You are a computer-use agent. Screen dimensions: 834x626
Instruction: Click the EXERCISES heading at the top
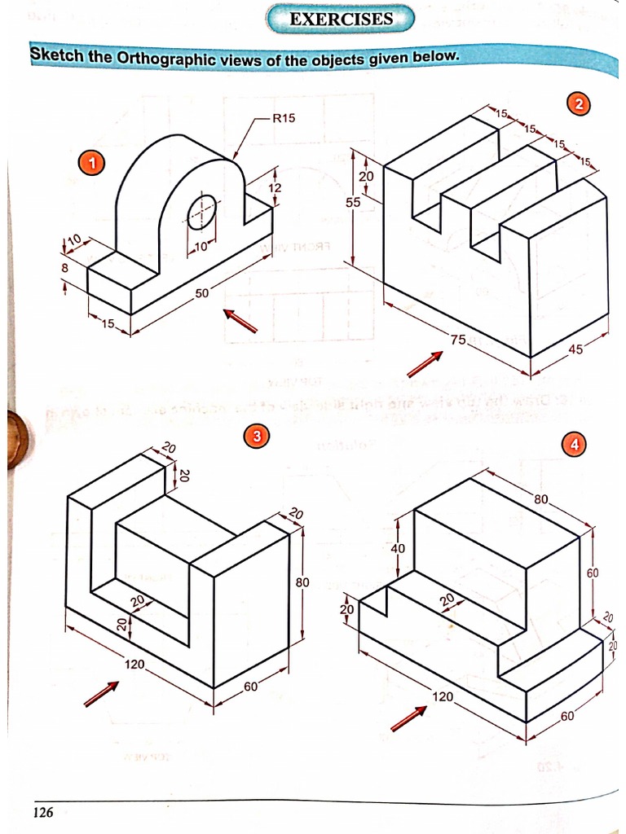point(341,19)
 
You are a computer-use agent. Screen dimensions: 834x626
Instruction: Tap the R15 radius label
point(283,117)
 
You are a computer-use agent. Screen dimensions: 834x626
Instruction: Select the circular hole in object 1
point(202,213)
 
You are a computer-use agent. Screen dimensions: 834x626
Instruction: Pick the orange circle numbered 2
point(578,103)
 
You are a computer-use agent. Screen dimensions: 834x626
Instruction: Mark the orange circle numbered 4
point(575,444)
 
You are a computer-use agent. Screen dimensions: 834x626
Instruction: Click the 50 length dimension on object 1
point(201,293)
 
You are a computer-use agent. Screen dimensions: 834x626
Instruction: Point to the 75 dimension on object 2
point(459,340)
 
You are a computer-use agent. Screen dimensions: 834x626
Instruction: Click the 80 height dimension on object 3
point(302,582)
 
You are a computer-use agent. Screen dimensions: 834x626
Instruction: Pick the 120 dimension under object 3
point(134,665)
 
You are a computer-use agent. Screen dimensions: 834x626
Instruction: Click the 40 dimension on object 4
point(398,548)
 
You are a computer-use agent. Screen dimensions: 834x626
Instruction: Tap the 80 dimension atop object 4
point(543,498)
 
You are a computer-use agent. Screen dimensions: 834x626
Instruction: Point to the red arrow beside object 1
point(240,321)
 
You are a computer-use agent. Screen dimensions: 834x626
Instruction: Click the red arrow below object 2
point(425,364)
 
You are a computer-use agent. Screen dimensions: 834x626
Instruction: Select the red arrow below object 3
point(101,695)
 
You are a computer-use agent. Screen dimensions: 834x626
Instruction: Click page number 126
point(42,811)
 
